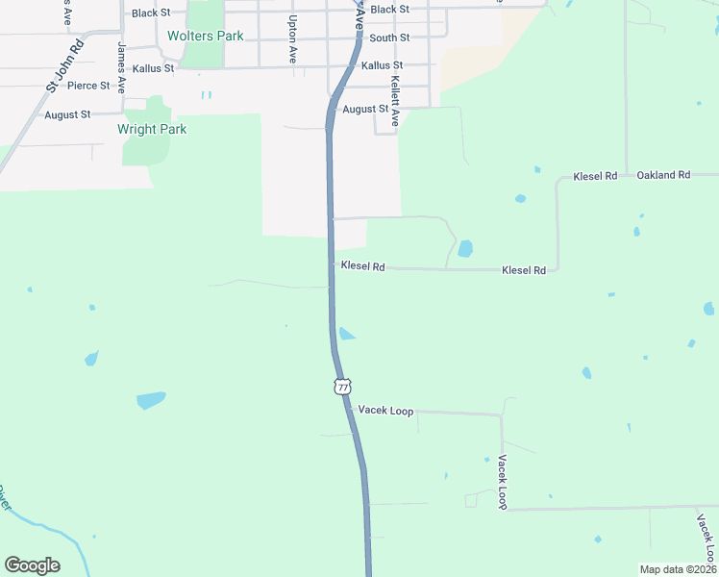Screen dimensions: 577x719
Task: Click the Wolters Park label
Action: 205,36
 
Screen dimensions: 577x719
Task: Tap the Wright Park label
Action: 152,129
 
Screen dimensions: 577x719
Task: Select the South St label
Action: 389,38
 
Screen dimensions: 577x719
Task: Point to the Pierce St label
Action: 88,86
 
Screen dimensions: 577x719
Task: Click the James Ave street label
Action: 122,66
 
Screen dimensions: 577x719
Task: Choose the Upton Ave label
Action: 292,39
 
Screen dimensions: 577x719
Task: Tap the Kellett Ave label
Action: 395,104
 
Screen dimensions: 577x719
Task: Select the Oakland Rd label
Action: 663,175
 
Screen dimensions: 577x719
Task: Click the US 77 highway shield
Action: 342,386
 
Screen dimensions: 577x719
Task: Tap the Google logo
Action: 32,565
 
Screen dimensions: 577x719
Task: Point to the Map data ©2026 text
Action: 678,569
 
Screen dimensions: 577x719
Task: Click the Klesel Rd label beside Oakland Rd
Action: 595,176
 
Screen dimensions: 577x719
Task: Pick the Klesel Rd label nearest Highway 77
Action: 362,266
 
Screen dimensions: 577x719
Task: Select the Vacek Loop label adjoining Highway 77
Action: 385,411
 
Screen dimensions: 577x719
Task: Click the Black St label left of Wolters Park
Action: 151,13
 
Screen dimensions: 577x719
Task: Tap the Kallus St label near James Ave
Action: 154,68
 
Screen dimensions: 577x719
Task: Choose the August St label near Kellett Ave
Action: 365,110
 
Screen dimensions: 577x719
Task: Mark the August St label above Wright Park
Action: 67,114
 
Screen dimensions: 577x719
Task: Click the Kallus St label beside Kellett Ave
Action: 382,66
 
